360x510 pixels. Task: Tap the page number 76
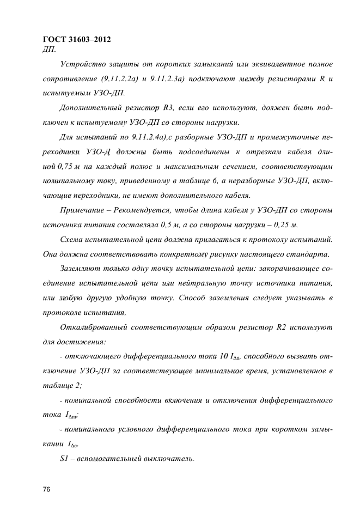click(46, 490)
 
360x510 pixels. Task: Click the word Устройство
click(85, 65)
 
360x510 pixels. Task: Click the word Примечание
click(86, 210)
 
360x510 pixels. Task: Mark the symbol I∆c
click(75, 444)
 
